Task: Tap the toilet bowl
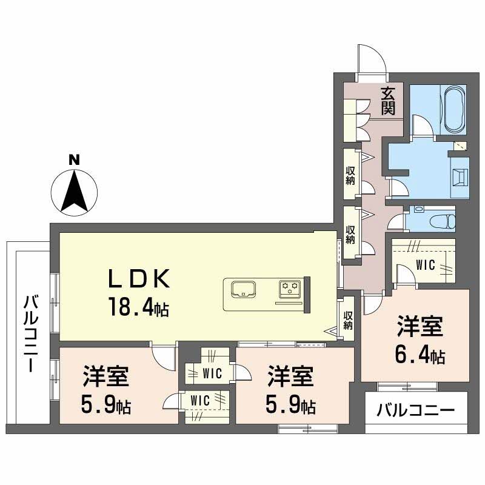pos(443,221)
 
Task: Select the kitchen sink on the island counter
pos(244,289)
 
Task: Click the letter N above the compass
pos(74,160)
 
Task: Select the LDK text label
pos(138,279)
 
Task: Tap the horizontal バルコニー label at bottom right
pos(416,410)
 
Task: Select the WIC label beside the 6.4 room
pos(426,265)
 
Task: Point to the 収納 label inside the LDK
pos(347,321)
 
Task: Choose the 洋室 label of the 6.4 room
pos(420,326)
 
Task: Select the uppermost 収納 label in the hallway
pos(350,176)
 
